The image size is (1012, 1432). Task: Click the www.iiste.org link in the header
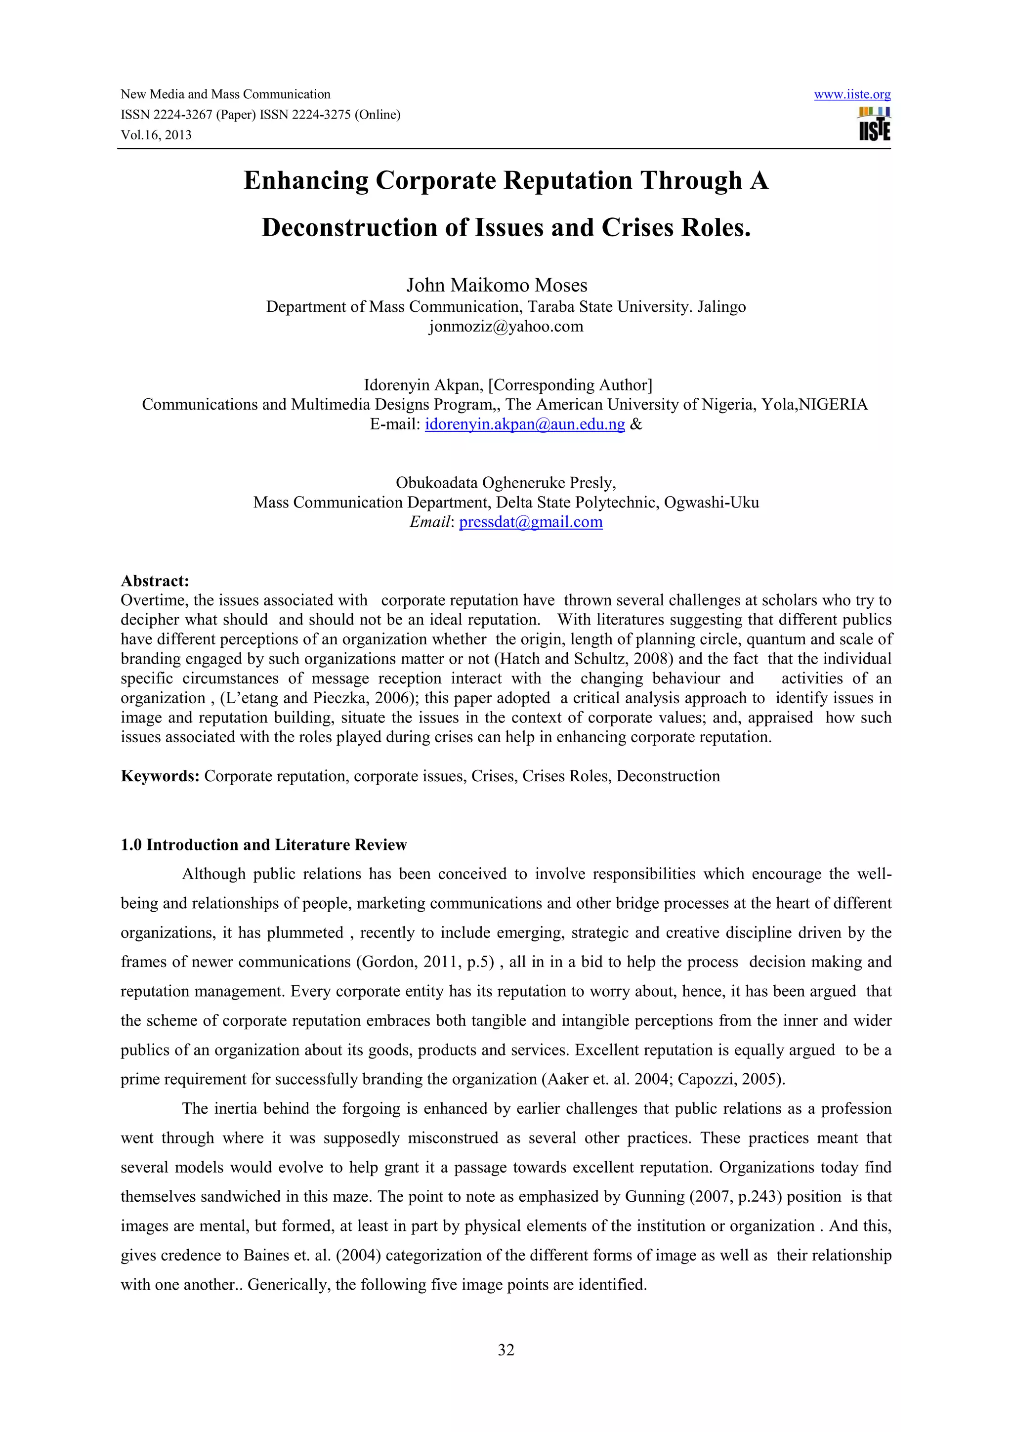(852, 95)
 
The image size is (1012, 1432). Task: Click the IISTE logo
(874, 124)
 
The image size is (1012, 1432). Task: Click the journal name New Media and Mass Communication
(225, 94)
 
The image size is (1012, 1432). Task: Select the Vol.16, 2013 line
(156, 135)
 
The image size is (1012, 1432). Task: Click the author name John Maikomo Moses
(497, 285)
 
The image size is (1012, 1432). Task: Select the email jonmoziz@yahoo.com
(506, 326)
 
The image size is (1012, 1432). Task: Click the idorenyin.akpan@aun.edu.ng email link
(524, 425)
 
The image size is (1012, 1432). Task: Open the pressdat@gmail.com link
(531, 522)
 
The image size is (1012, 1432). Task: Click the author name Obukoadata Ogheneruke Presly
(505, 483)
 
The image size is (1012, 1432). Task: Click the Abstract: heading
(155, 581)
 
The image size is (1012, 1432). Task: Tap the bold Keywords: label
(160, 776)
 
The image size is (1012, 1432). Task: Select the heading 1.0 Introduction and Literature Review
(263, 844)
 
